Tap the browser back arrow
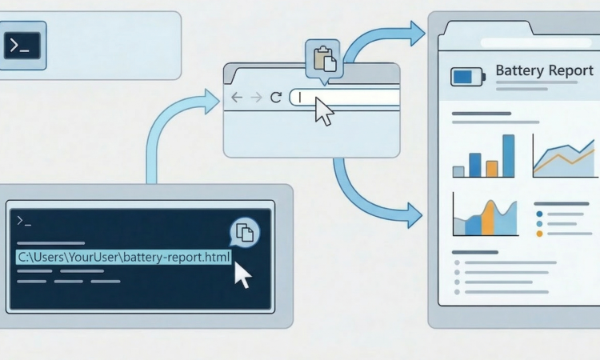(236, 97)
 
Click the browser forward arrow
(256, 97)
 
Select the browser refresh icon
(276, 97)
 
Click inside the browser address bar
(352, 97)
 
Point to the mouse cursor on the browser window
(323, 110)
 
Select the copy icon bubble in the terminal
(245, 233)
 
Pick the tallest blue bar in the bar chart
(508, 156)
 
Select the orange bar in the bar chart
(492, 168)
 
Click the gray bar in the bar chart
(458, 171)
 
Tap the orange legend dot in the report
(539, 234)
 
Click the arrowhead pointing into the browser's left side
(212, 102)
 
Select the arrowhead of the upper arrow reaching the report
(416, 34)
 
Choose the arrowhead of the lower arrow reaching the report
(414, 214)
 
